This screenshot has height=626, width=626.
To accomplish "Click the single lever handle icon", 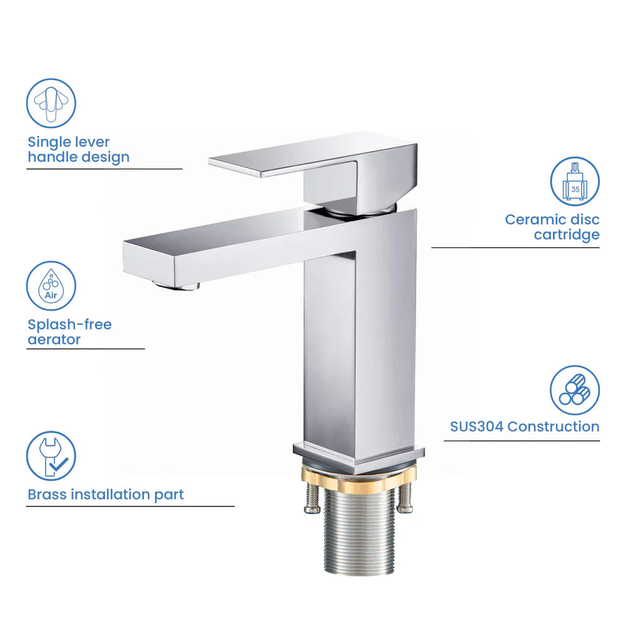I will tap(51, 103).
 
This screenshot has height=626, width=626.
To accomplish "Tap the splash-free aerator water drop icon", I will tap(51, 285).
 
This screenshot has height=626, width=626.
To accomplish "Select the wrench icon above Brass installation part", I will tap(51, 456).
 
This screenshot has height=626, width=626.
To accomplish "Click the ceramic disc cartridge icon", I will tap(575, 182).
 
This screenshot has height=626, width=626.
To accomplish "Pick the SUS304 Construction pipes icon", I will tap(575, 391).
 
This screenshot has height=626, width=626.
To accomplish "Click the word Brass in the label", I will tap(47, 495).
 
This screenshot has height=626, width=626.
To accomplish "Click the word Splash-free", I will tap(69, 325).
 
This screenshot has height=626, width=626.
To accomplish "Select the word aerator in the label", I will tap(54, 340).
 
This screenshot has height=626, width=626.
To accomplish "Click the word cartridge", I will tap(567, 235).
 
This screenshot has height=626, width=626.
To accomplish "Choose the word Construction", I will tap(553, 427).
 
